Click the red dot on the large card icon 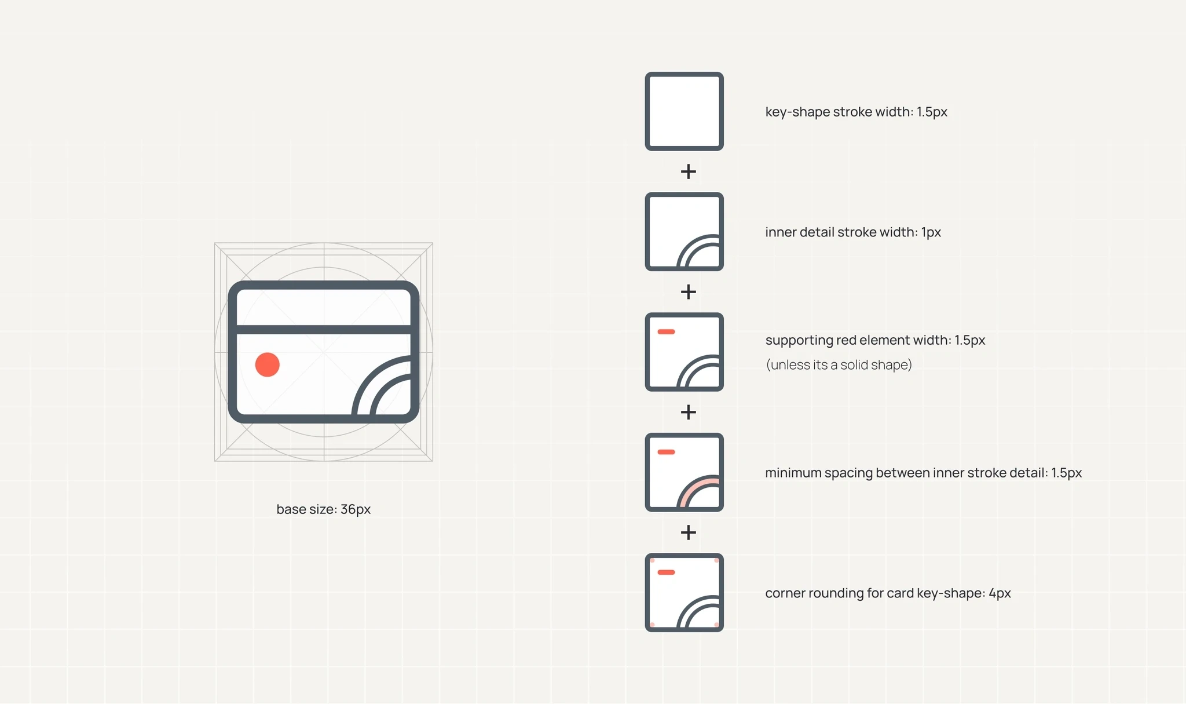(268, 364)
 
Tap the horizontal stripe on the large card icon (324, 330)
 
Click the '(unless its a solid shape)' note (839, 364)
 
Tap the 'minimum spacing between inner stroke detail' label (924, 473)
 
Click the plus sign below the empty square (688, 172)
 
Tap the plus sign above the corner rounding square (688, 532)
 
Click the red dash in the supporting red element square (667, 332)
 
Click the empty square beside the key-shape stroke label (684, 111)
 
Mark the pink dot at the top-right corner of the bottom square (717, 560)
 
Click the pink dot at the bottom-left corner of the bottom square (652, 625)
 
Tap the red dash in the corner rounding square (667, 572)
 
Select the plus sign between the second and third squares (688, 291)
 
